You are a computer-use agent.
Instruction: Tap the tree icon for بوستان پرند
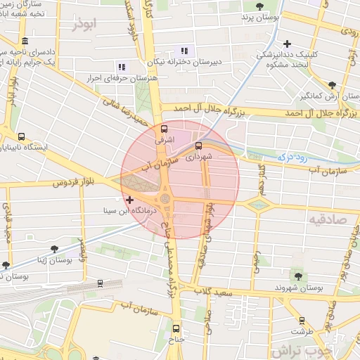click(260, 6)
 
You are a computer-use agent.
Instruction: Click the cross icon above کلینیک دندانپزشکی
click(287, 44)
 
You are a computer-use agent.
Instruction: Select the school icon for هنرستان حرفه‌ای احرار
click(121, 67)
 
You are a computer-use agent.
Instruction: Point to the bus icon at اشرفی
click(164, 129)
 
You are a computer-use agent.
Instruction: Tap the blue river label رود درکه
click(291, 158)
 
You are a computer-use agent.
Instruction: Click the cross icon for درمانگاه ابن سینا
click(129, 201)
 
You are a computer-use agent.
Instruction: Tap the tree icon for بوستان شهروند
click(297, 276)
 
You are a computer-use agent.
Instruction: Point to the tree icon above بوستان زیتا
click(54, 249)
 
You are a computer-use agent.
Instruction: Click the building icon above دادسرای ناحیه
click(25, 41)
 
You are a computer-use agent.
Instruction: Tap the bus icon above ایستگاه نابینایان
click(21, 138)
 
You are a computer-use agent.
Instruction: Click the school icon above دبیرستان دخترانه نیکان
click(184, 51)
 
